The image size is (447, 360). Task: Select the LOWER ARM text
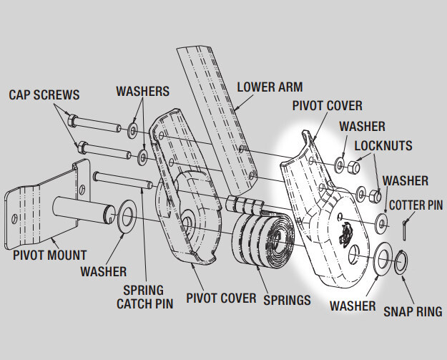[x=271, y=87]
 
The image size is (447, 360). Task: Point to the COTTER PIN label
[x=415, y=205]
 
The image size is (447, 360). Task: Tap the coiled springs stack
[x=260, y=242]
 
